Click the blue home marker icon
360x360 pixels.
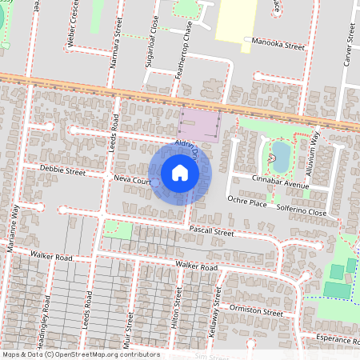click(180, 172)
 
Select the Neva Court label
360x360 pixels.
click(132, 181)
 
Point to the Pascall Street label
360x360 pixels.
click(210, 232)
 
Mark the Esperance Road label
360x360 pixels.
click(324, 338)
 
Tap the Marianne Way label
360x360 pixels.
click(14, 227)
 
